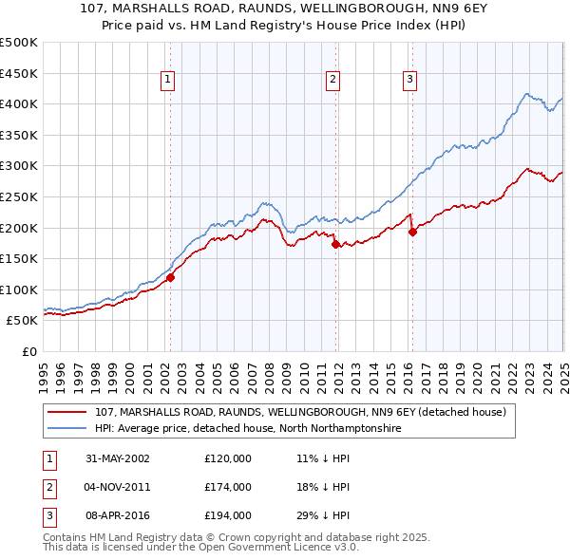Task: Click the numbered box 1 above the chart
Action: click(x=167, y=81)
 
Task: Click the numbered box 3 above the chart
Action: click(x=409, y=81)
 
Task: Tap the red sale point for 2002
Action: click(x=171, y=277)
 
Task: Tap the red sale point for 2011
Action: click(x=335, y=244)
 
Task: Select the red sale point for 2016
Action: click(x=412, y=232)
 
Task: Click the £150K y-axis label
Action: click(x=19, y=258)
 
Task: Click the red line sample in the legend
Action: click(x=67, y=413)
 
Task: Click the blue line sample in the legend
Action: click(x=67, y=428)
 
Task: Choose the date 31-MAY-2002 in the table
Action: click(x=118, y=458)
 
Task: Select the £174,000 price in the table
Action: click(x=228, y=487)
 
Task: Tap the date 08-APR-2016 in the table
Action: click(x=118, y=516)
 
